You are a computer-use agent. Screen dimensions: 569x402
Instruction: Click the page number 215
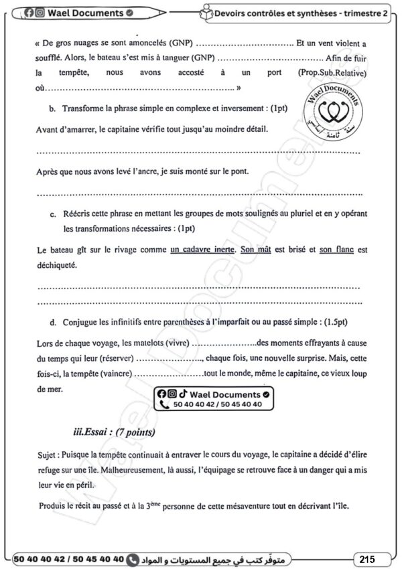(x=366, y=558)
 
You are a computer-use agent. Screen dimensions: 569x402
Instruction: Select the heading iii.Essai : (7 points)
(x=114, y=432)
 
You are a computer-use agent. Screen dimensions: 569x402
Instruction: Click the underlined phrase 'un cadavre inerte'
(x=203, y=250)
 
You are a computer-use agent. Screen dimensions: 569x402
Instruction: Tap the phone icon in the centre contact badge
(x=164, y=405)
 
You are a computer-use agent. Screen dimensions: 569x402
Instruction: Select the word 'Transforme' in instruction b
(x=85, y=108)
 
